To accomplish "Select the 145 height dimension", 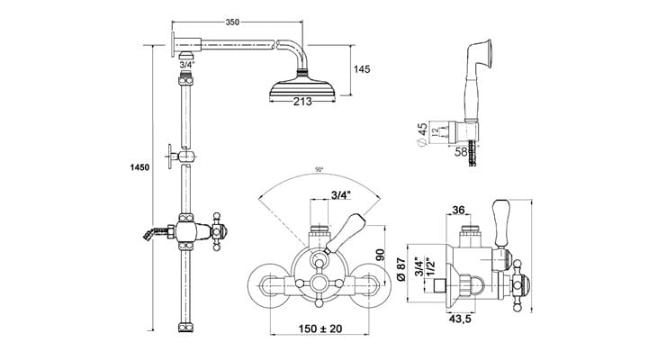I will (x=362, y=69).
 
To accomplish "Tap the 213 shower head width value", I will (x=301, y=102).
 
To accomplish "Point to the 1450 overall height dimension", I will (x=140, y=167).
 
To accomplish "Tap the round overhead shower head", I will (x=301, y=86).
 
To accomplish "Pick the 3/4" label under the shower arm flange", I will (x=187, y=65).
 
